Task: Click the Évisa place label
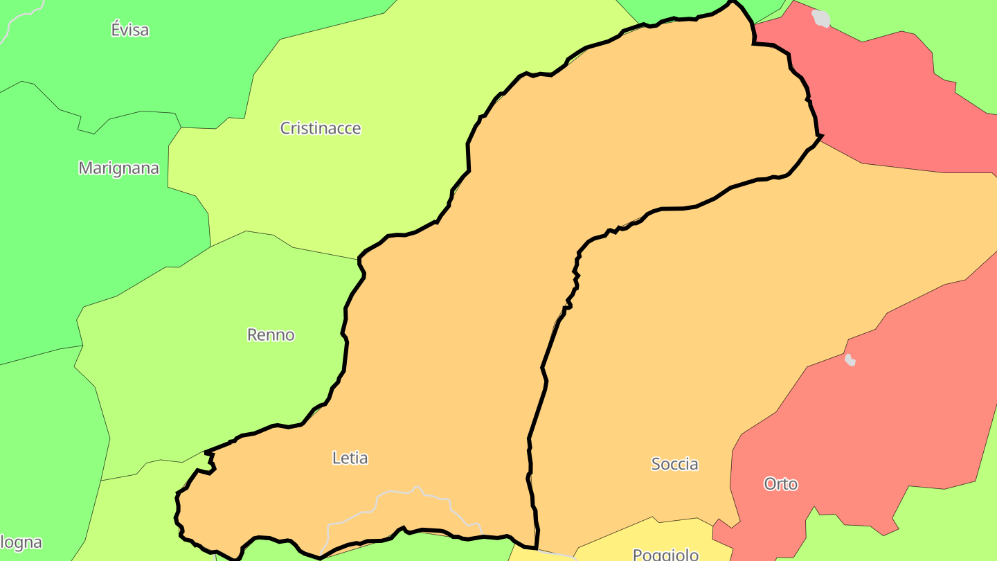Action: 130,30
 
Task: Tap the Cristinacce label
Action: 320,128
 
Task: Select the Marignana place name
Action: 118,168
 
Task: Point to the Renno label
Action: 271,335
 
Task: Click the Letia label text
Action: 350,458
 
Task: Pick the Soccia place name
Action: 674,464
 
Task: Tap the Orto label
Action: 780,483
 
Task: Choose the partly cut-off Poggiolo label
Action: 665,553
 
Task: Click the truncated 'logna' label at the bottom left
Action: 21,542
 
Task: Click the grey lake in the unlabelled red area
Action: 821,18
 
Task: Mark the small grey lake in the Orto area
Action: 850,360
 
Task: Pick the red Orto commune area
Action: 865,416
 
